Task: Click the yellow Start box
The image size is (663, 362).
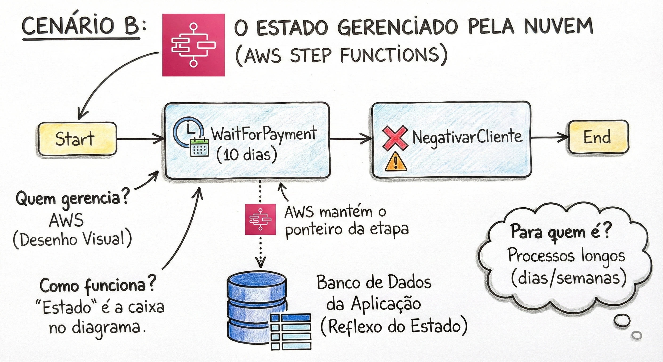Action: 77,139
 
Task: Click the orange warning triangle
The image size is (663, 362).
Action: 396,161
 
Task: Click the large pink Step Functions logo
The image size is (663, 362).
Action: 193,45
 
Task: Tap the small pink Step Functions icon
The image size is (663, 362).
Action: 260,219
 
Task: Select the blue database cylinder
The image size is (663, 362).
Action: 257,308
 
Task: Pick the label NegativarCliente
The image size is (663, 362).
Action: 467,137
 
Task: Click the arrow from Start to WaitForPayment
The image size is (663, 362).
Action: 140,139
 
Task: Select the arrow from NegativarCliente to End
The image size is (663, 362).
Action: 550,137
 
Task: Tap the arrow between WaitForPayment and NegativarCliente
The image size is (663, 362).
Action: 351,139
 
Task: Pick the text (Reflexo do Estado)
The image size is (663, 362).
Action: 394,327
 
